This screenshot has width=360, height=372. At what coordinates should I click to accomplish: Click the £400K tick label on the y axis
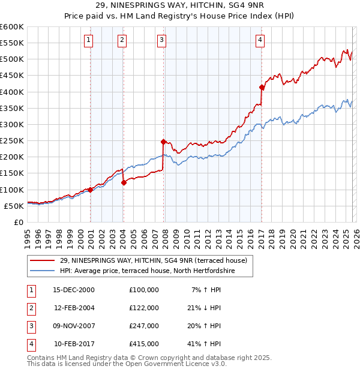click(x=11, y=92)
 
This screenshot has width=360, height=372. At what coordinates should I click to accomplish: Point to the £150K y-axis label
click(x=11, y=173)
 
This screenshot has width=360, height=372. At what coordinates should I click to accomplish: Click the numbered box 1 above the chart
click(x=88, y=40)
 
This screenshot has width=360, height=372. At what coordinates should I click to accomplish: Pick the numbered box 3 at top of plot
click(x=162, y=40)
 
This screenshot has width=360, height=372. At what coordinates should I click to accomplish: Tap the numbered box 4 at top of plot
click(x=260, y=40)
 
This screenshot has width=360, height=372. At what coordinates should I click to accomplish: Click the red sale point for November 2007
click(x=163, y=142)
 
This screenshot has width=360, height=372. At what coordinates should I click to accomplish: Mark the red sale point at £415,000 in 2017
click(x=262, y=87)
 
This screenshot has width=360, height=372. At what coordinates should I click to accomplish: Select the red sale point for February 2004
click(x=124, y=182)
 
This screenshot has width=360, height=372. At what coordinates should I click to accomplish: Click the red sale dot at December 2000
click(x=90, y=190)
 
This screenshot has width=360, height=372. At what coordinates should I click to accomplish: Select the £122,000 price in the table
click(x=144, y=307)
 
